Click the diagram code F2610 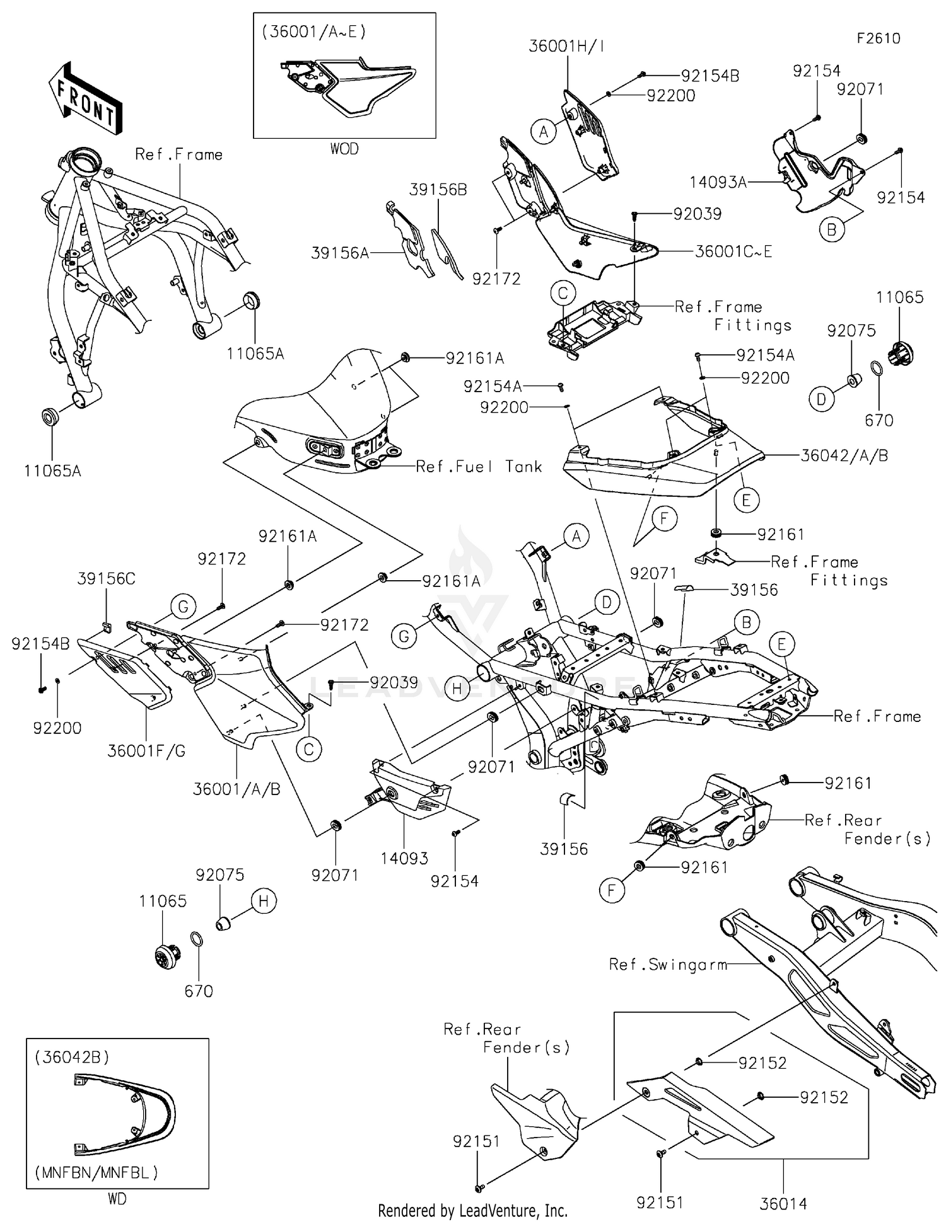[878, 38]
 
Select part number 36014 [783, 1204]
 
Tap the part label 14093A [718, 182]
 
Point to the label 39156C [106, 578]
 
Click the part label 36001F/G [146, 750]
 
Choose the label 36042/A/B [844, 455]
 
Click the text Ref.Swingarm [668, 964]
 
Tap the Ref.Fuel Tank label [479, 466]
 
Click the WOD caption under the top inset [344, 149]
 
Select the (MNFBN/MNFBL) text [96, 1172]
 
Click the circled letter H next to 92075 [264, 901]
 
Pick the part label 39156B [438, 189]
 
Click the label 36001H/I [566, 46]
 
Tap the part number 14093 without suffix [404, 858]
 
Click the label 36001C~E [733, 251]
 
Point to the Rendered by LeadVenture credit [472, 1210]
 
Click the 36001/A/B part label [237, 789]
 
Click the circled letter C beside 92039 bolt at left [309, 749]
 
